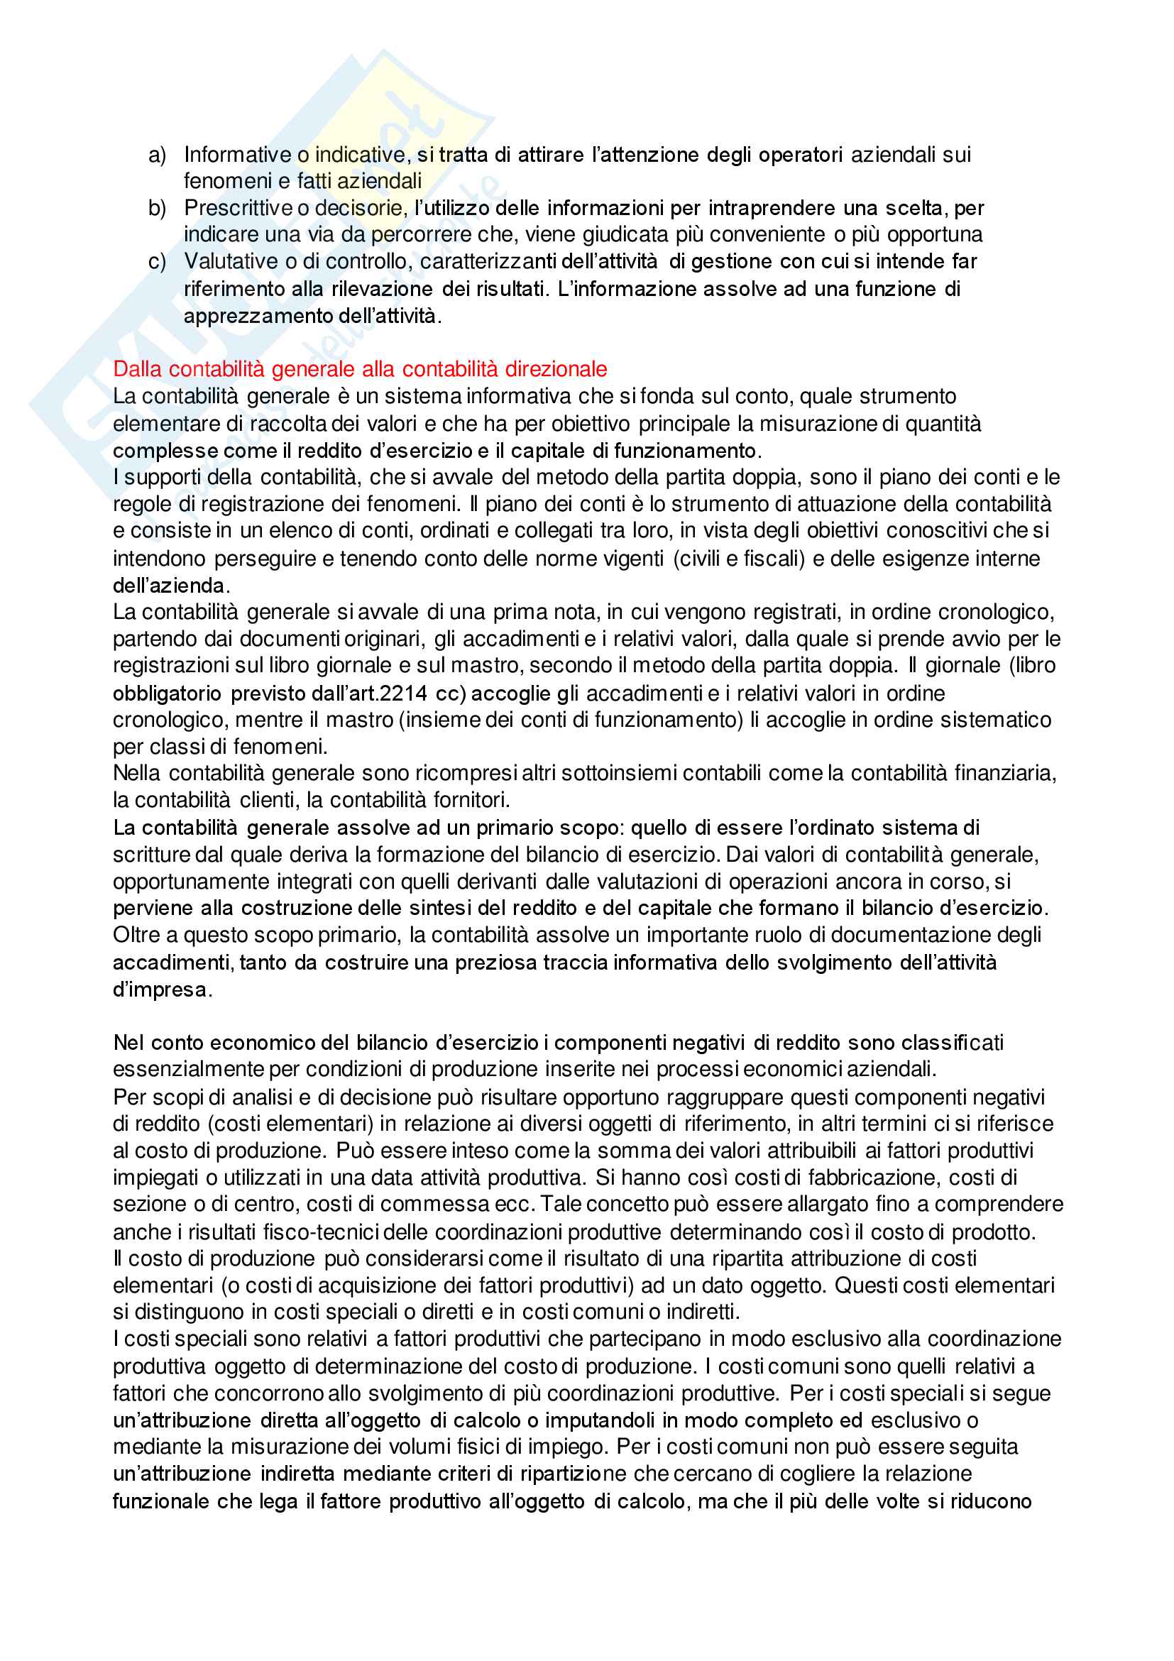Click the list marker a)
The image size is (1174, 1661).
[157, 155]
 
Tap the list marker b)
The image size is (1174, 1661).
[157, 209]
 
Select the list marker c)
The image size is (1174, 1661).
[157, 261]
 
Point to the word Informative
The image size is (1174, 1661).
[237, 155]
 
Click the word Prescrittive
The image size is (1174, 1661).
[237, 209]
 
